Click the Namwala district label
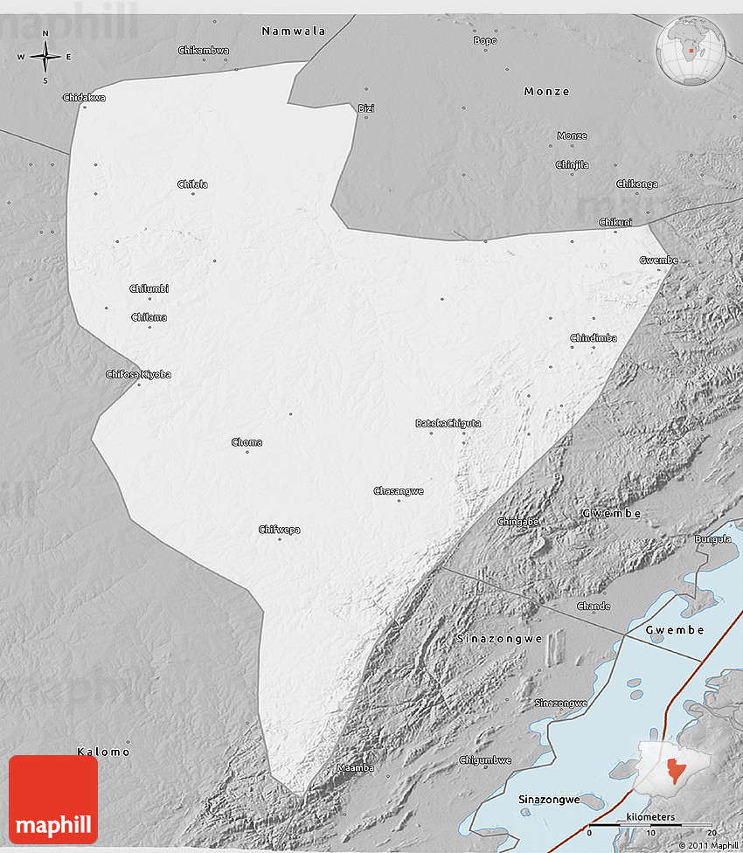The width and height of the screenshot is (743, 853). click(294, 31)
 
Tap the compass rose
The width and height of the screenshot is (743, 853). click(45, 58)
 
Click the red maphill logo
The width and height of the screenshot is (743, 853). click(53, 799)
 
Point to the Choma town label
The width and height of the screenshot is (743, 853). click(247, 442)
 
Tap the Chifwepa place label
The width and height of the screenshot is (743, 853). click(279, 529)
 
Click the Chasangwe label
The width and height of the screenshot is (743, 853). click(399, 491)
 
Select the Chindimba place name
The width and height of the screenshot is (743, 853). click(594, 338)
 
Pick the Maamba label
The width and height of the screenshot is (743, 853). click(355, 768)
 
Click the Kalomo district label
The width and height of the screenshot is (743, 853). click(103, 752)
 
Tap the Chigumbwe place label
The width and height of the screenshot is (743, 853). click(485, 759)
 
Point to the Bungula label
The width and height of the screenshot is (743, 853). click(712, 539)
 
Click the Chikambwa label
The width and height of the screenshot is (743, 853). click(204, 51)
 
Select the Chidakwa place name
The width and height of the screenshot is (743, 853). click(84, 98)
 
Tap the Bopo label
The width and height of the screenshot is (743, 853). click(484, 40)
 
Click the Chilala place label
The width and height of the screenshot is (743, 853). click(192, 184)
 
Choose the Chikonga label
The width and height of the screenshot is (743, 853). click(637, 184)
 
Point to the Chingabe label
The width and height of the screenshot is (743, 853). click(517, 522)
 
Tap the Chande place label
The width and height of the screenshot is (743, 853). click(594, 606)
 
